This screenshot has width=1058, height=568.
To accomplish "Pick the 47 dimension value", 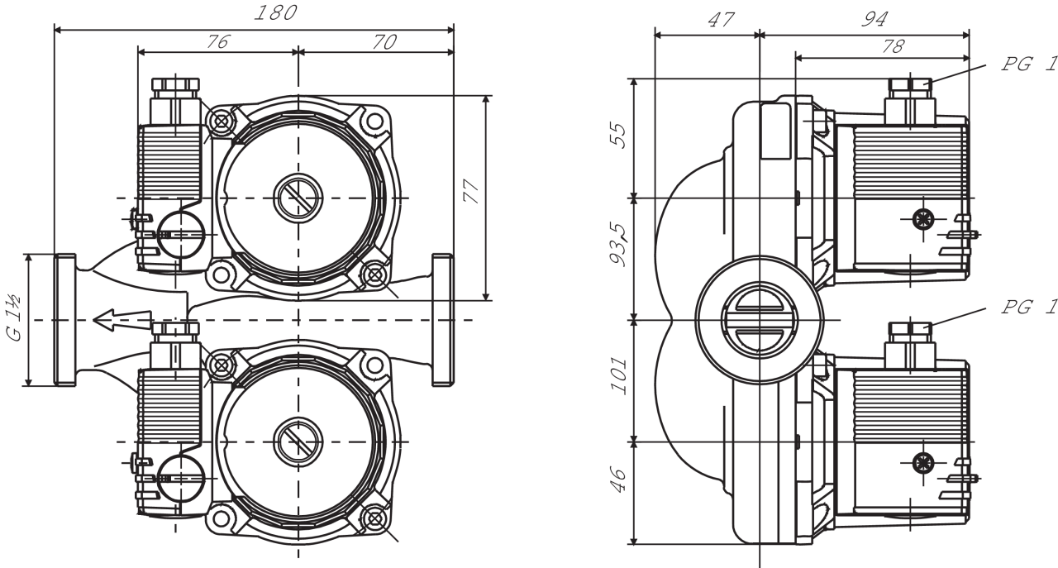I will (x=722, y=21).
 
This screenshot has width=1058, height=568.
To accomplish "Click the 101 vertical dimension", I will (x=619, y=377).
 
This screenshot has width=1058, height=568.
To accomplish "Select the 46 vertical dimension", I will (x=619, y=479).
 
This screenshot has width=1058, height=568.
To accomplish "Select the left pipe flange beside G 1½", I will (x=64, y=319).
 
